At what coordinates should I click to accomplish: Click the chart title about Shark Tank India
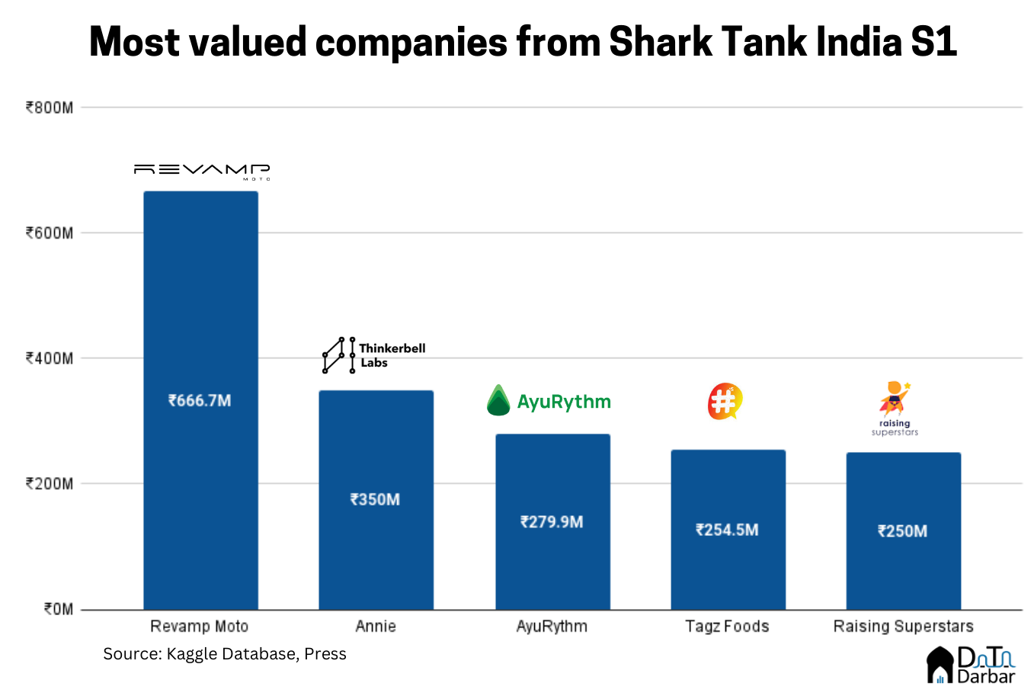523,41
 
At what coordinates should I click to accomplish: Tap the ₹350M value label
375,499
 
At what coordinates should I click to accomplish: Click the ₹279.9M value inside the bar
552,522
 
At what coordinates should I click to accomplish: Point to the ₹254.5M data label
727,530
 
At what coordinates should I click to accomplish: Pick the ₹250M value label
902,531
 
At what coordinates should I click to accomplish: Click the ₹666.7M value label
200,400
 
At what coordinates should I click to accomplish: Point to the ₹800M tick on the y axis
50,107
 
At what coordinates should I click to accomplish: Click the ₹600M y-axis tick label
50,233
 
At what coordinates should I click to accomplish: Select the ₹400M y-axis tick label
50,358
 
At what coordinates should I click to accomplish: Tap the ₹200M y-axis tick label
50,484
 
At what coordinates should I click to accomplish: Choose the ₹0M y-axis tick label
58,609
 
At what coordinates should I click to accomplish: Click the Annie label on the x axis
376,627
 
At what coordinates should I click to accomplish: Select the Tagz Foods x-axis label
727,627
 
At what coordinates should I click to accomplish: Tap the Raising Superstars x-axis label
903,627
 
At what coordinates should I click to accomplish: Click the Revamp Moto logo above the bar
202,172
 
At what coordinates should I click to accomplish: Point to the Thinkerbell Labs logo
373,355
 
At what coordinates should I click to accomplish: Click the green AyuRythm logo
549,401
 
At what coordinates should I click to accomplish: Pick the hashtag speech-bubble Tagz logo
725,401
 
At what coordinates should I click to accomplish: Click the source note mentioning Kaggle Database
225,654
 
